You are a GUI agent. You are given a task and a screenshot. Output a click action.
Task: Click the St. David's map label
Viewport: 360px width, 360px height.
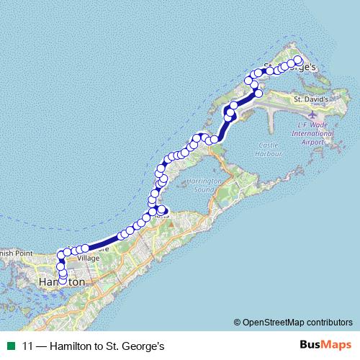click(311, 99)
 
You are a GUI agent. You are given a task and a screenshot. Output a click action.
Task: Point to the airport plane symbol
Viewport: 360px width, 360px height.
click(312, 114)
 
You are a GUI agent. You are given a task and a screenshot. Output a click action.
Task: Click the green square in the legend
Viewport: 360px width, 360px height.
click(11, 346)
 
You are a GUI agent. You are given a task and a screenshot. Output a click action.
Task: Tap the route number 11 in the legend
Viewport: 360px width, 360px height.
click(27, 346)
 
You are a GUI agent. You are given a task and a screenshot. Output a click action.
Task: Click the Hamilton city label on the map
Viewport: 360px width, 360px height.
click(60, 282)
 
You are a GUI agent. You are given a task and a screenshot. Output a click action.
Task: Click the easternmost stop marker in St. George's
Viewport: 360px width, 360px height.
click(299, 60)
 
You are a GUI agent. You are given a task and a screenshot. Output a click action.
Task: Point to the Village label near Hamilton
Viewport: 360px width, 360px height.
click(88, 257)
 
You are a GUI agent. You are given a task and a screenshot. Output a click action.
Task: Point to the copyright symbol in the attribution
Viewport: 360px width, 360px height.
click(237, 322)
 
